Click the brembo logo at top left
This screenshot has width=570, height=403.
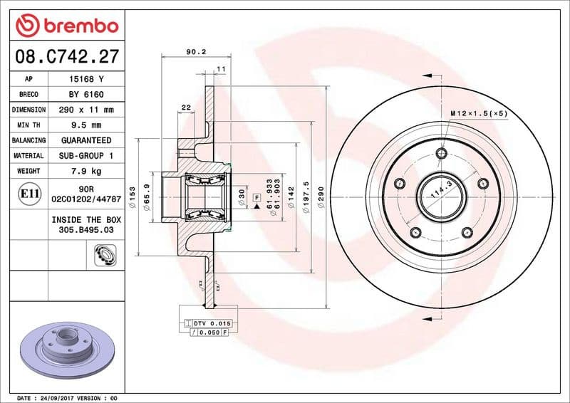coord(66,26)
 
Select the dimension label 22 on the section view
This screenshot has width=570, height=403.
coord(186,107)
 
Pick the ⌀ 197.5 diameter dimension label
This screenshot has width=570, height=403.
coord(306,194)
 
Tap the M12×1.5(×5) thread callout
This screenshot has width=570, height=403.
coord(478,113)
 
